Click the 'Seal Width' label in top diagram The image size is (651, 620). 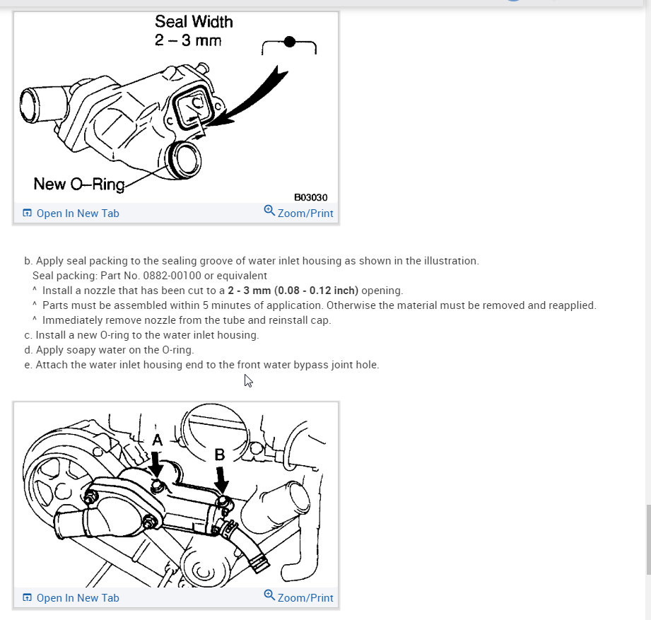point(194,22)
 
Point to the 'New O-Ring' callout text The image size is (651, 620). point(78,185)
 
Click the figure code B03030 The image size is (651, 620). point(310,198)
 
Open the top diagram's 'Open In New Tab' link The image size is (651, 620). point(77,214)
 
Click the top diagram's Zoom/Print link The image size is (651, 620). point(305,214)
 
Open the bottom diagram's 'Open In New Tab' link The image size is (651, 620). point(77,598)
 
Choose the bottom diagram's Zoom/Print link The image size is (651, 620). point(305,598)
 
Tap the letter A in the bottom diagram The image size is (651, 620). point(158,440)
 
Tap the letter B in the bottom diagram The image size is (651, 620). point(220,455)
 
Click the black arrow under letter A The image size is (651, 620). point(156,467)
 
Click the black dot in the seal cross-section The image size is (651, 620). point(289,42)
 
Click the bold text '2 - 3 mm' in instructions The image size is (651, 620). point(252,291)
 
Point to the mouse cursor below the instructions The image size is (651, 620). point(248,380)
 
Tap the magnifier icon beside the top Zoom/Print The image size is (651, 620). point(269,211)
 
